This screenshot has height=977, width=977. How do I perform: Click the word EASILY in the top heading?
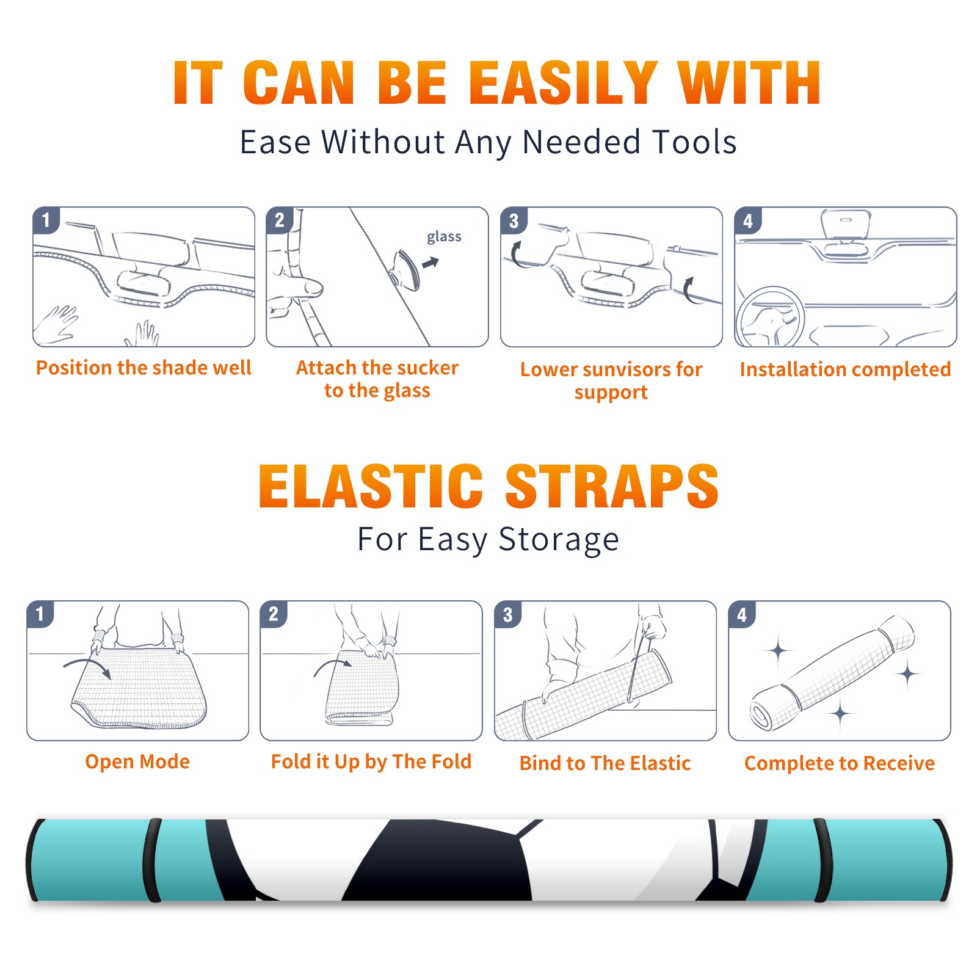point(564,83)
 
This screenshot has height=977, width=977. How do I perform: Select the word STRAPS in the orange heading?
point(612,486)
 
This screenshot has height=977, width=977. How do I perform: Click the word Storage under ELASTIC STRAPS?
point(559,540)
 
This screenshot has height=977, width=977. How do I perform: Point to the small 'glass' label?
point(444,237)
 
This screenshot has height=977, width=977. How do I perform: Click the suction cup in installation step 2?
point(406,269)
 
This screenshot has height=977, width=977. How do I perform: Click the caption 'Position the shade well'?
point(143,368)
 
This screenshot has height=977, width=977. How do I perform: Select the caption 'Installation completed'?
point(845,369)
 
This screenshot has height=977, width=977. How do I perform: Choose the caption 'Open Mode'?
point(137,761)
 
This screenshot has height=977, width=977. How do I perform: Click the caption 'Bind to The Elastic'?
point(605,763)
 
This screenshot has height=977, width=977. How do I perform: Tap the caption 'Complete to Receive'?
point(840,763)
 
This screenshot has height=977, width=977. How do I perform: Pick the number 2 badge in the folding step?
point(274,614)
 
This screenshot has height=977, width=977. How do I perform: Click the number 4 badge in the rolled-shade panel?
point(742,614)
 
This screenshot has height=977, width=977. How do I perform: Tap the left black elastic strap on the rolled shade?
point(153,860)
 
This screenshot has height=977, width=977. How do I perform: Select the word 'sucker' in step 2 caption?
point(427,368)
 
